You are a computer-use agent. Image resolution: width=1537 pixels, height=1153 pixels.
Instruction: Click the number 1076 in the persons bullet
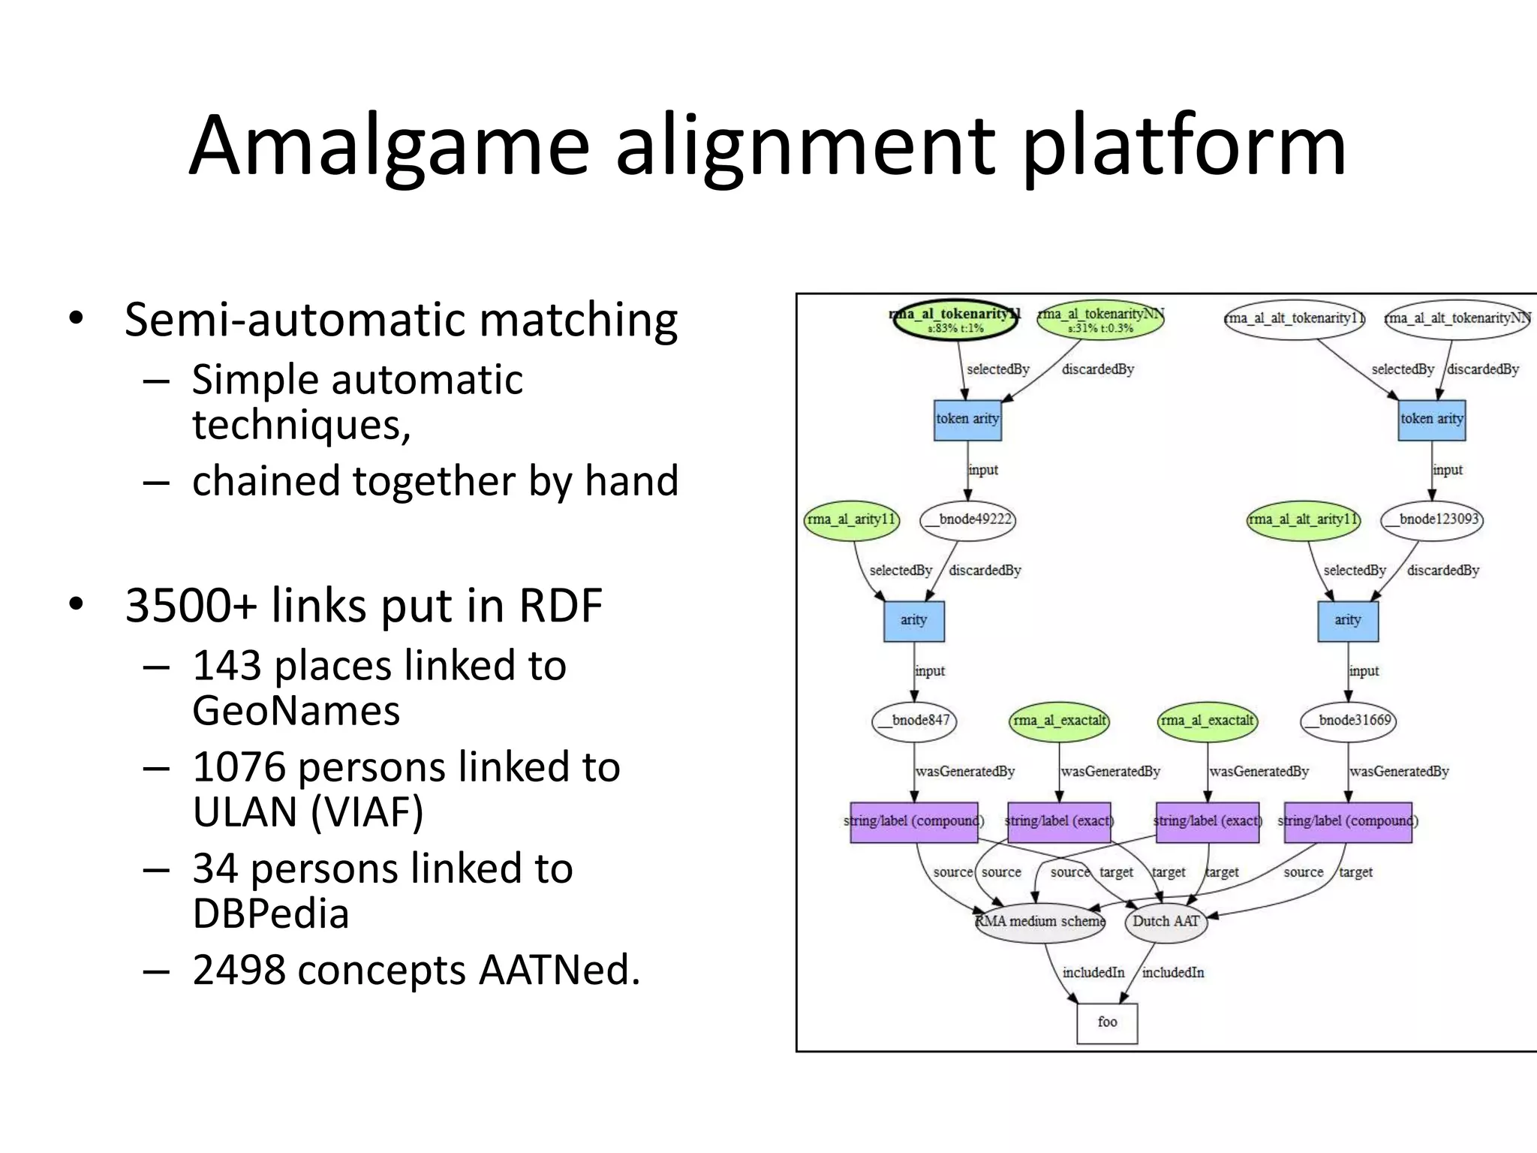pos(239,767)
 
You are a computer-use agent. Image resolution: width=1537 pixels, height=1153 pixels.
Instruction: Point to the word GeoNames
pos(296,711)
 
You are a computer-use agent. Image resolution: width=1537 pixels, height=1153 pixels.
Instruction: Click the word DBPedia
pos(270,914)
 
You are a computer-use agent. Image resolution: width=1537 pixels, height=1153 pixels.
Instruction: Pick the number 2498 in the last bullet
pos(239,970)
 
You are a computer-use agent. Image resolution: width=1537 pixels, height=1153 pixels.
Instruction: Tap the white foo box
pos(1107,1022)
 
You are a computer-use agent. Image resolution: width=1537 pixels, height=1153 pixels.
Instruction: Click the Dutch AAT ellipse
pos(1166,922)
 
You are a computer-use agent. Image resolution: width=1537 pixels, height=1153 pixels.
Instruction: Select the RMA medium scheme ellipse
pos(1040,922)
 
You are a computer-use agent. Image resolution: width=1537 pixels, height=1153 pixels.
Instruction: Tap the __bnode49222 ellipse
pos(967,519)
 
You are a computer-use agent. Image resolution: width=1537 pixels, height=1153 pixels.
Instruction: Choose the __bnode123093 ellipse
pos(1432,519)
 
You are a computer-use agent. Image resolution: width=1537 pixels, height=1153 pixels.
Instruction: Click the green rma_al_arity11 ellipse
pos(851,519)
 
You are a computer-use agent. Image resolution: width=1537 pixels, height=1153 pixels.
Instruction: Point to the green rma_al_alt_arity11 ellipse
pos(1303,519)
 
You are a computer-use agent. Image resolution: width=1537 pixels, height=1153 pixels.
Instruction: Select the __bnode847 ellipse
pos(914,721)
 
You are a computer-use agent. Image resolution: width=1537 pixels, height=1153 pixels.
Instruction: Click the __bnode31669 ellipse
pos(1349,721)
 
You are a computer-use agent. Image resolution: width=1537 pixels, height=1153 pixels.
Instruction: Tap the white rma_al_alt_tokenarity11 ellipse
pos(1294,319)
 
